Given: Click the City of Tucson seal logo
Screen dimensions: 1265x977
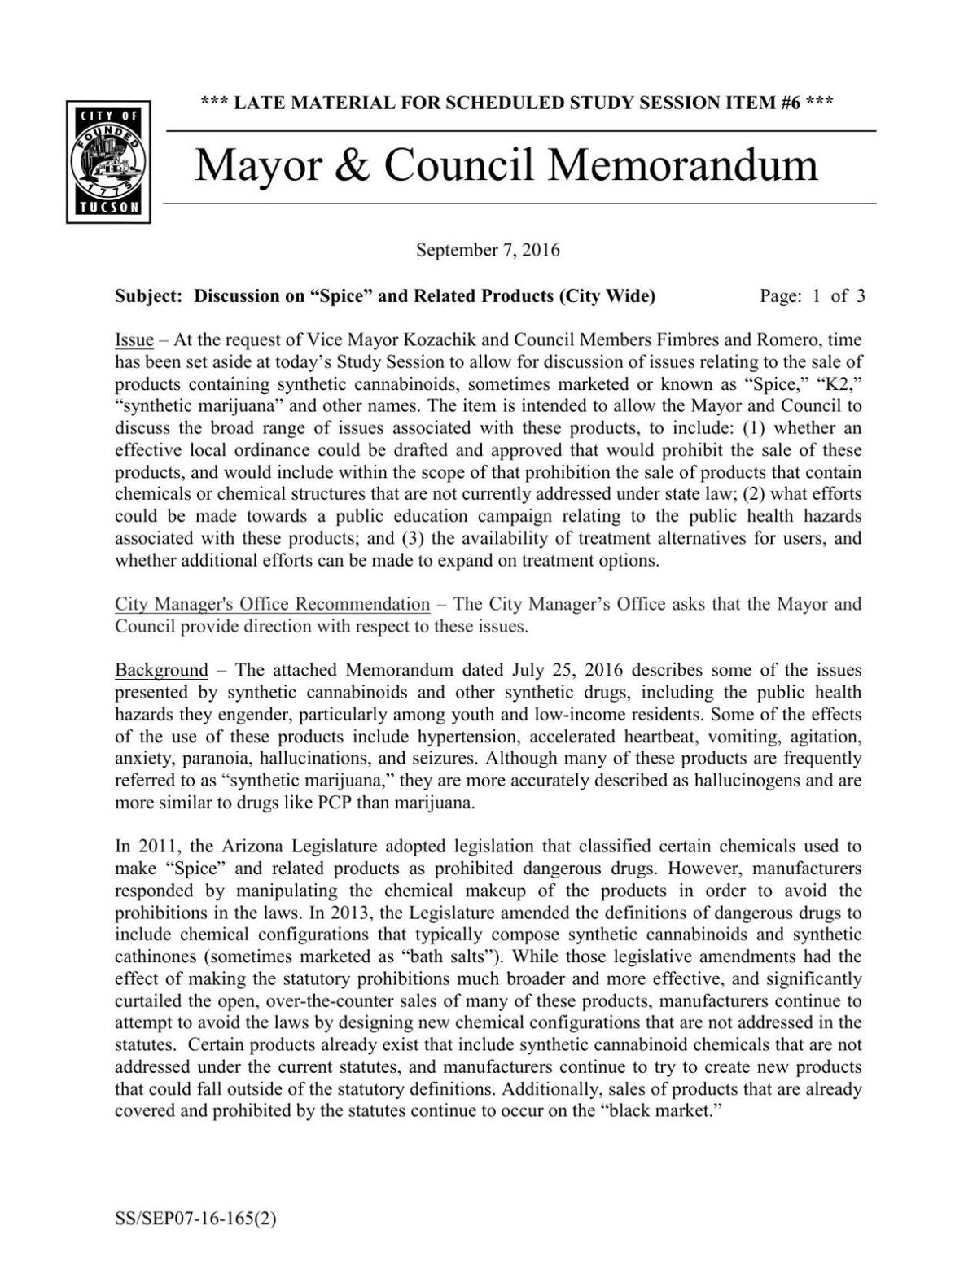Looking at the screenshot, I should pyautogui.click(x=108, y=163).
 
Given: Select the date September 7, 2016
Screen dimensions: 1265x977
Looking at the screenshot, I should pyautogui.click(x=488, y=250).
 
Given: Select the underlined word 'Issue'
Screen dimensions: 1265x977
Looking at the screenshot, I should pyautogui.click(x=134, y=340).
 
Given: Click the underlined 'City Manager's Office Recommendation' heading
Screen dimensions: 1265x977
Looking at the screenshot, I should pyautogui.click(x=272, y=604).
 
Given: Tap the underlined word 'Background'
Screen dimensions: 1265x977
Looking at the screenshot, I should pyautogui.click(x=161, y=670).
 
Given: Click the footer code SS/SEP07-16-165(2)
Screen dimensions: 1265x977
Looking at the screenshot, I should pyautogui.click(x=195, y=1219).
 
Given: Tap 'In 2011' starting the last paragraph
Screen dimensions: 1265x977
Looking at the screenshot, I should pyautogui.click(x=143, y=847).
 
